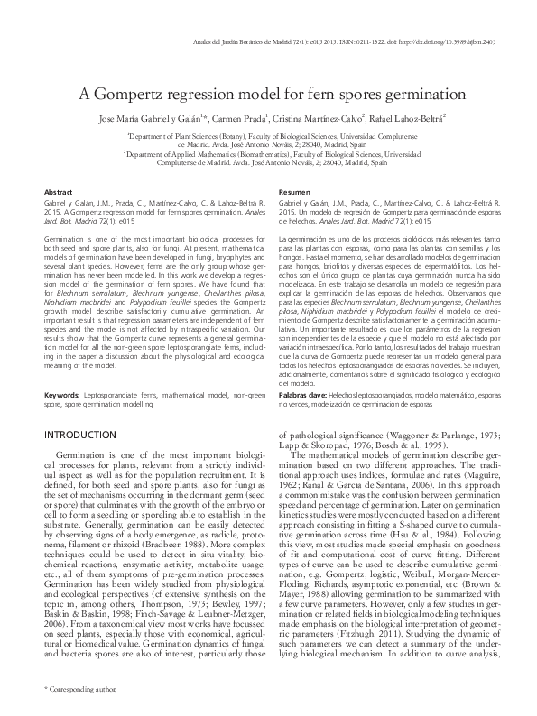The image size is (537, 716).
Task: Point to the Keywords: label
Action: tap(67, 395)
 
